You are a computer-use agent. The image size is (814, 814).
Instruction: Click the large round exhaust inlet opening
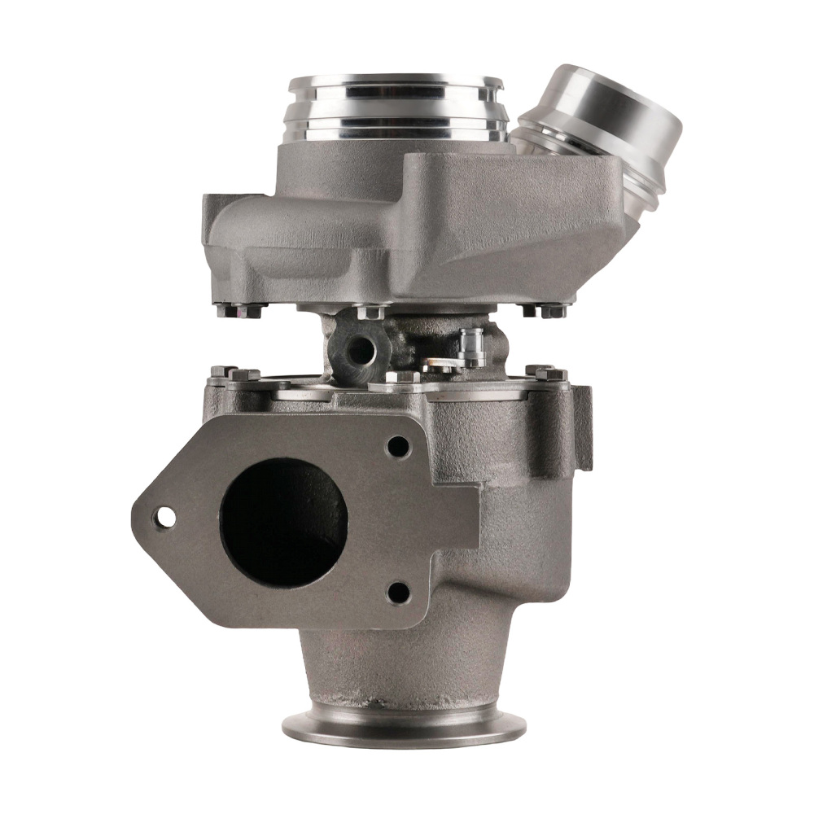pos(284,522)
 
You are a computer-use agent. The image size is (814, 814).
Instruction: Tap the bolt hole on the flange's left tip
pos(165,515)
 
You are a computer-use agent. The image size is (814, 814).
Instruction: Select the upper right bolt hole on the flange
pos(397,446)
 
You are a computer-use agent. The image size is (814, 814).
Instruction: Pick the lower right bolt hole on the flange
pos(397,592)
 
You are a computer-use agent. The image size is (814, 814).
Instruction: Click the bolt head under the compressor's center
pos(370,311)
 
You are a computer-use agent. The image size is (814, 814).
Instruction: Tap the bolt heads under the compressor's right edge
pos(545,310)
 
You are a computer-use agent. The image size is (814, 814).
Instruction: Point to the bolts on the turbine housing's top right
pos(545,372)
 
